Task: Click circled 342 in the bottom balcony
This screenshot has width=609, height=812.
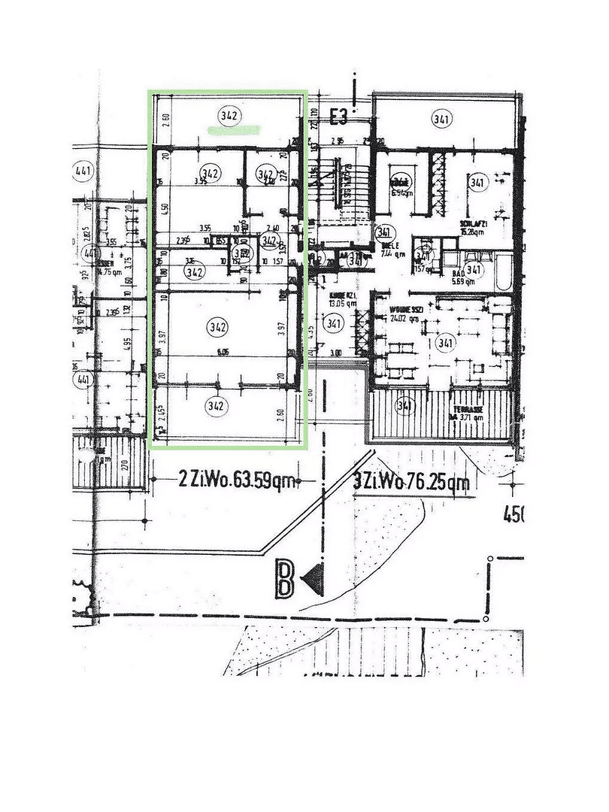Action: coord(216,407)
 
